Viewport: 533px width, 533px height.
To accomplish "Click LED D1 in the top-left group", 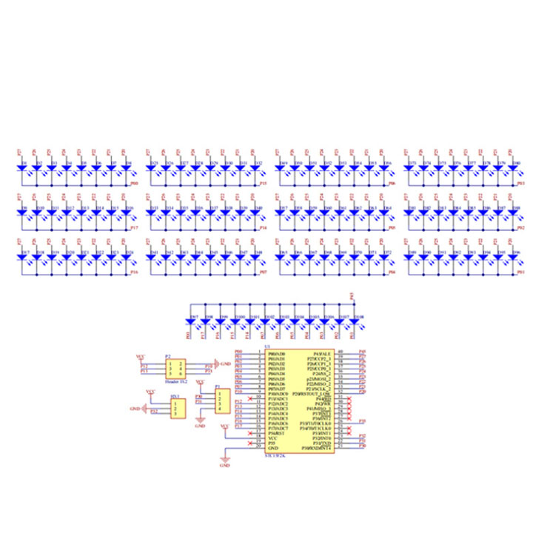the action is click(x=21, y=169).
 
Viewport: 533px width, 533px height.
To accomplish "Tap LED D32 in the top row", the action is click(x=255, y=169).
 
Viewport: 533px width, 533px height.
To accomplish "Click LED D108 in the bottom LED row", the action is click(x=359, y=323).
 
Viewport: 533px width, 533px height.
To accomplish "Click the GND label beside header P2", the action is click(x=226, y=364).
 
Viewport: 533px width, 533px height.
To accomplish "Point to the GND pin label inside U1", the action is click(x=272, y=449).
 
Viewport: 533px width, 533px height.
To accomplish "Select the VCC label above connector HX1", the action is click(x=150, y=390).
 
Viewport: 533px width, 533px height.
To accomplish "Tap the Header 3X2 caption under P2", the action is click(x=175, y=382).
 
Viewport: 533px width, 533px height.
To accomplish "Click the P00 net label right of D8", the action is click(x=134, y=182).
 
